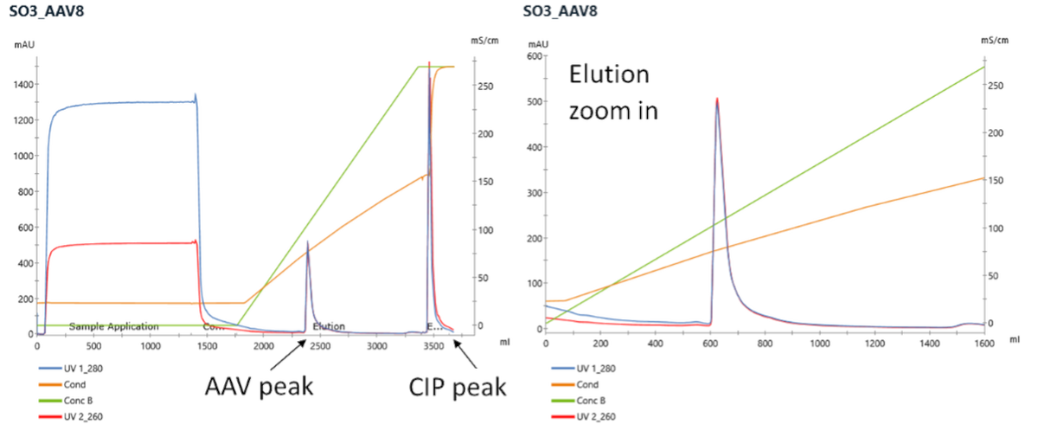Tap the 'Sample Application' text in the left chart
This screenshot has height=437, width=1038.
[113, 326]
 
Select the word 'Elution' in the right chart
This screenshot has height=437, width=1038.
[609, 75]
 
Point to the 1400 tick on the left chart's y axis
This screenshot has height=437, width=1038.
[23, 85]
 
